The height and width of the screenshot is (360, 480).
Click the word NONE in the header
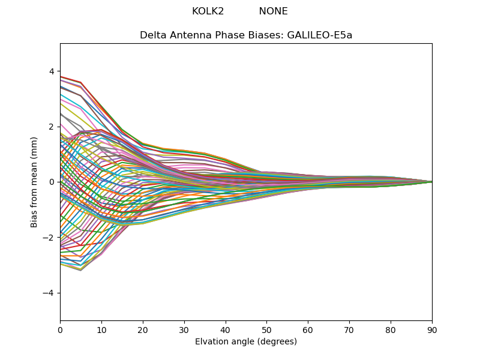[273, 11]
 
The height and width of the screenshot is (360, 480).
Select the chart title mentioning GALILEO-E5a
[246, 35]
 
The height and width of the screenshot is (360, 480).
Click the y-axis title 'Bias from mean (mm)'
[35, 181]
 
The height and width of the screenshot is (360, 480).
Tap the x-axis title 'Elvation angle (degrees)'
[246, 341]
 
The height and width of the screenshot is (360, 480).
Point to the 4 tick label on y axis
[51, 71]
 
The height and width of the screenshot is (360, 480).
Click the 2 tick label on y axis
[51, 127]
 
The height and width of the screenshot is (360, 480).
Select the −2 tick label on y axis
[49, 238]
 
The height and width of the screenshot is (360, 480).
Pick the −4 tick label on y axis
[49, 293]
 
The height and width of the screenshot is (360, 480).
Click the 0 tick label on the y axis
[51, 182]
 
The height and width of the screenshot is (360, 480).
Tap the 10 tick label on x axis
[101, 329]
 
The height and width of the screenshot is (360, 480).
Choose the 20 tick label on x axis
[143, 329]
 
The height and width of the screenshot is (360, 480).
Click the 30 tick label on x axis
[184, 329]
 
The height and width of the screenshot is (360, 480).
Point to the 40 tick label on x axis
[226, 329]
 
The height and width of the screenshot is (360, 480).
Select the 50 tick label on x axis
[266, 329]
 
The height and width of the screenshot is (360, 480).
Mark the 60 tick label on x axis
[308, 329]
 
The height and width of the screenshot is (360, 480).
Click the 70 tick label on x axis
[349, 329]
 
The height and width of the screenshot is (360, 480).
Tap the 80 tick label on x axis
[391, 329]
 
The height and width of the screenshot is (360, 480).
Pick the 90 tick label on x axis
[432, 329]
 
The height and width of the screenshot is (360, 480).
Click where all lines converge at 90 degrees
[431, 182]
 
